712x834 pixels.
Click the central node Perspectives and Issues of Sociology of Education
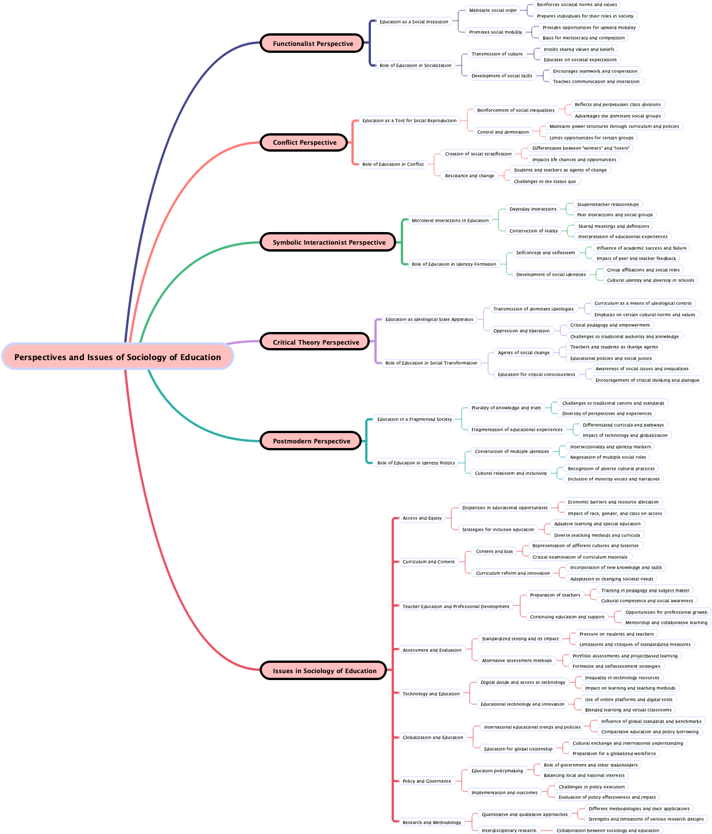click(x=117, y=357)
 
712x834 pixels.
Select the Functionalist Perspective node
click(x=312, y=43)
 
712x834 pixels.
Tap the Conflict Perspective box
click(x=304, y=142)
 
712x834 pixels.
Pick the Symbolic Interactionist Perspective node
click(x=328, y=242)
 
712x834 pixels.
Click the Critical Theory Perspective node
click(x=315, y=342)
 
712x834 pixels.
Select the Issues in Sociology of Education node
click(x=324, y=670)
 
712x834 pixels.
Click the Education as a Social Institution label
click(x=413, y=22)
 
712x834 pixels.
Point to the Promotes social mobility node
click(x=496, y=32)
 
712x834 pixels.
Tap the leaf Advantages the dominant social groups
click(x=617, y=116)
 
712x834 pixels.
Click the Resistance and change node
click(x=469, y=176)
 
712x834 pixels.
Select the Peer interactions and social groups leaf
click(x=614, y=215)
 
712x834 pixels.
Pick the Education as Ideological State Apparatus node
click(x=429, y=319)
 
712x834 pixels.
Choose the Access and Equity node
click(x=422, y=518)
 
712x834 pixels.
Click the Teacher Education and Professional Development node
click(x=456, y=607)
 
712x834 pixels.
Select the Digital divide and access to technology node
click(x=523, y=682)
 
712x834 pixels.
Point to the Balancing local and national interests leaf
click(x=584, y=775)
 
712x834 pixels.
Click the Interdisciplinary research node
click(x=508, y=831)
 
